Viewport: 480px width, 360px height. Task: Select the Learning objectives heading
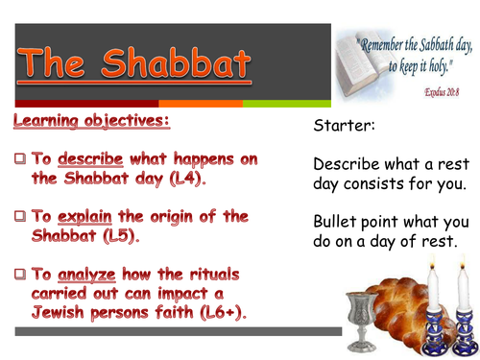click(x=91, y=123)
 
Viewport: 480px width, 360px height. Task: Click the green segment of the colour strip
click(x=288, y=103)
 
